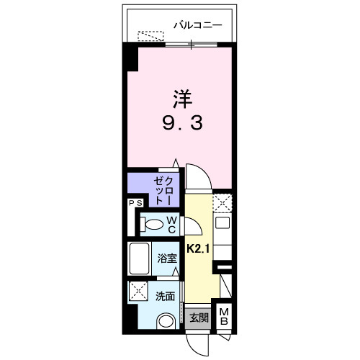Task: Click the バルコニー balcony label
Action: pyautogui.click(x=197, y=26)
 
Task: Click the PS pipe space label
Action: pyautogui.click(x=135, y=204)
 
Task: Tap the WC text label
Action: pyautogui.click(x=173, y=225)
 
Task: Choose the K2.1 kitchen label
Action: pyautogui.click(x=198, y=249)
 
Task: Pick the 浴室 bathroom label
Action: pyautogui.click(x=167, y=258)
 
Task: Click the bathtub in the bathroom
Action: pyautogui.click(x=140, y=258)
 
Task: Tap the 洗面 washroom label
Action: pyautogui.click(x=164, y=296)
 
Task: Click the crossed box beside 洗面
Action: pyautogui.click(x=138, y=292)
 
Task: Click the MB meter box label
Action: pyautogui.click(x=225, y=317)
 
